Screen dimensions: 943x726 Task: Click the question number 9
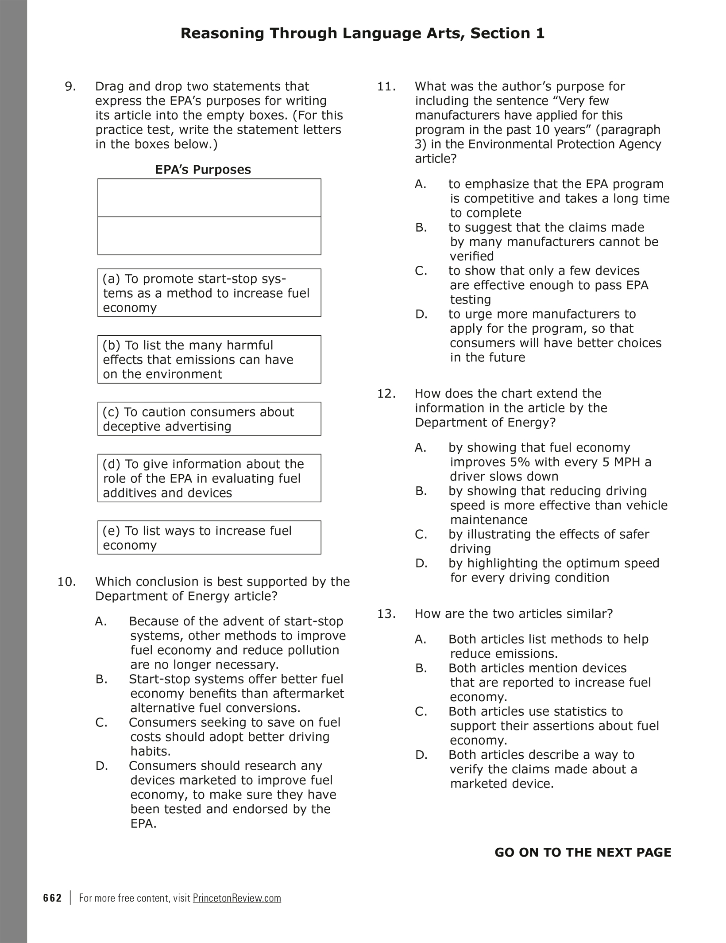(70, 86)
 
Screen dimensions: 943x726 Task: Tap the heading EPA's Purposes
(203, 170)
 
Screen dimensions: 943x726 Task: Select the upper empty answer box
(209, 198)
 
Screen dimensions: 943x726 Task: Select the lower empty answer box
(209, 236)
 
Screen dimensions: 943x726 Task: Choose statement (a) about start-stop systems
(209, 293)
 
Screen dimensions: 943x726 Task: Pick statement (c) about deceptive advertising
(209, 419)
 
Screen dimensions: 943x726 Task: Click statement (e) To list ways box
(209, 538)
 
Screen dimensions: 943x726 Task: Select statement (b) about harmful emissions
(209, 359)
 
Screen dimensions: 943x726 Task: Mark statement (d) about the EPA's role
(209, 478)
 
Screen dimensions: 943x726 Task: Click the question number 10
(67, 582)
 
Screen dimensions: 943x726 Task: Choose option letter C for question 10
(101, 722)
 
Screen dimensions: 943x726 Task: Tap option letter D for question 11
(421, 314)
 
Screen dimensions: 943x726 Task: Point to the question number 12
(386, 393)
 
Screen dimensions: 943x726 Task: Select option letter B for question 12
(421, 491)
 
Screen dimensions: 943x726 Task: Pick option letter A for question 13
(421, 639)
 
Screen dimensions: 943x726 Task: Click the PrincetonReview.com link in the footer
(237, 898)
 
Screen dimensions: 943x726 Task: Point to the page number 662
(52, 898)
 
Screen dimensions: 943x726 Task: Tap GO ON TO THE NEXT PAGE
(583, 852)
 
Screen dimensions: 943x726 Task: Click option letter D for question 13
(421, 755)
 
